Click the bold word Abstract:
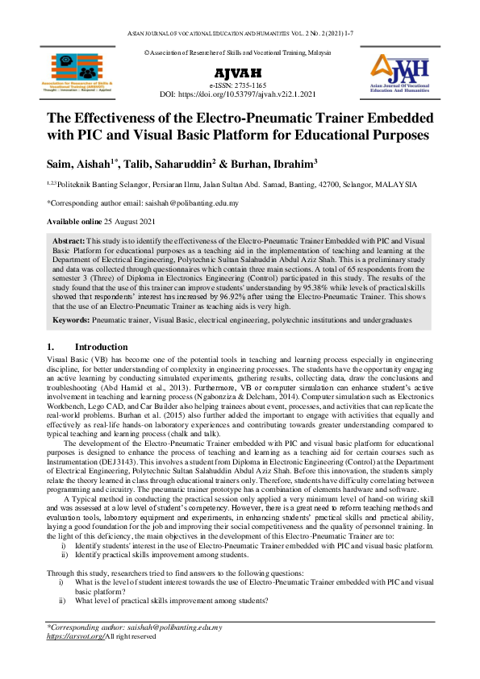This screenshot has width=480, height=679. (x=68, y=241)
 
